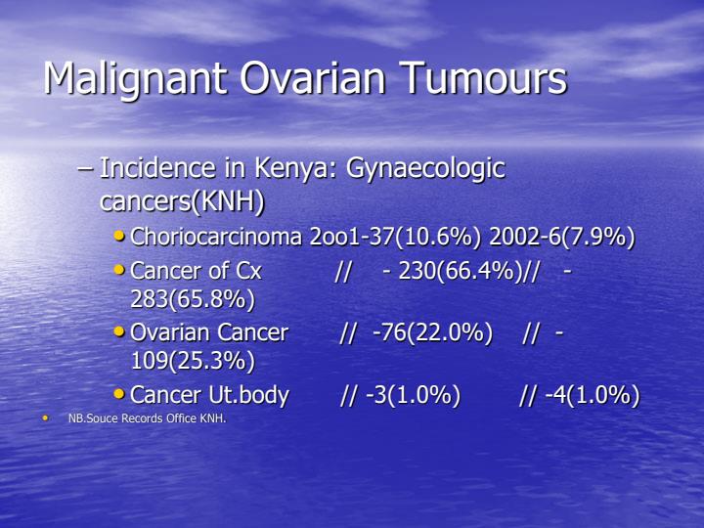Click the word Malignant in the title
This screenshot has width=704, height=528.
point(130,78)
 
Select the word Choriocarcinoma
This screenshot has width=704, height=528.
point(216,238)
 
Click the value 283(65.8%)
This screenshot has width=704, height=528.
point(193,298)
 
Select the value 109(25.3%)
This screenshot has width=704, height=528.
point(193,361)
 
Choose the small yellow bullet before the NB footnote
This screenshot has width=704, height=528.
point(44,418)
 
